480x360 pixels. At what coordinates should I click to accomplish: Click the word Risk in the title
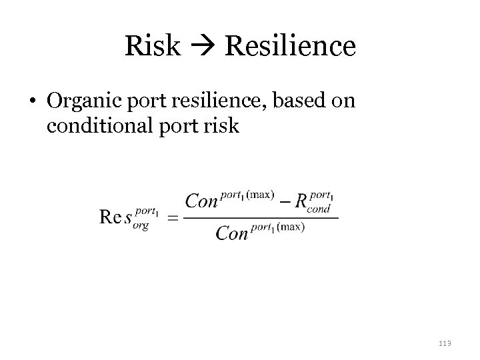pos(152,46)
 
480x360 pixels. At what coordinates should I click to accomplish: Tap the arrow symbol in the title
pos(203,47)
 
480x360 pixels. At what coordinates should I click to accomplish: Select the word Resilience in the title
pos(291,46)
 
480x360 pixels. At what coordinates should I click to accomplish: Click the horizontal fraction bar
pos(261,217)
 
